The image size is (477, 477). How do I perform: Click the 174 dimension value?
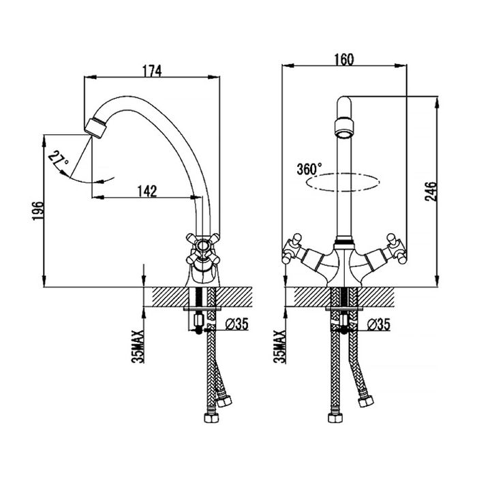(x=152, y=71)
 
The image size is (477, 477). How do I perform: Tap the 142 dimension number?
(x=147, y=191)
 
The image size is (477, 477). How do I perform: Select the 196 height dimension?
(x=38, y=211)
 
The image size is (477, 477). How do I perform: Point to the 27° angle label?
(x=58, y=159)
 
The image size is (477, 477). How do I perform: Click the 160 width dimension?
(x=344, y=60)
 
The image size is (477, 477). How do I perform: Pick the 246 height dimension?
(x=431, y=191)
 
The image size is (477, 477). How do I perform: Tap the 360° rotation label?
(x=309, y=169)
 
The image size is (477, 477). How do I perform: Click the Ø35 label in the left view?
(x=236, y=324)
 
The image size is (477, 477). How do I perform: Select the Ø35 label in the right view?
(x=378, y=324)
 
